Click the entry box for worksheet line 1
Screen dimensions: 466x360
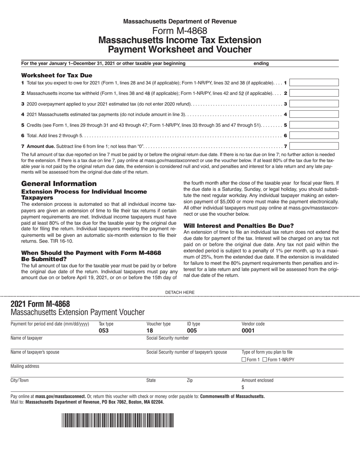click(314, 83)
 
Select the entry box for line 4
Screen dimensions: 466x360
click(314, 114)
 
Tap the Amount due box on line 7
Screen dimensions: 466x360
click(314, 146)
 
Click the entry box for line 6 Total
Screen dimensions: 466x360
click(314, 135)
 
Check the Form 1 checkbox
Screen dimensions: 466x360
click(244, 360)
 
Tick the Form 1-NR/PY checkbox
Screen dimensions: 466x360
click(265, 360)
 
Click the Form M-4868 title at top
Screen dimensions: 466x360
click(180, 31)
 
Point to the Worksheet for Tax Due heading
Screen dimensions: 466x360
click(56, 75)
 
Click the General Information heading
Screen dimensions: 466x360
click(59, 183)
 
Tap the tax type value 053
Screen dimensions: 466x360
click(103, 330)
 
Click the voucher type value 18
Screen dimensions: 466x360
click(150, 330)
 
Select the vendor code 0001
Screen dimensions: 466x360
click(248, 330)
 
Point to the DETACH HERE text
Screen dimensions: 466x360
click(180, 292)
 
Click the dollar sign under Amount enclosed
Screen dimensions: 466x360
click(243, 387)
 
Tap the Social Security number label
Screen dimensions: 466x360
click(167, 338)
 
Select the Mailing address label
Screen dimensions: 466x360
click(25, 366)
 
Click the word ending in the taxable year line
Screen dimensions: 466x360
click(261, 63)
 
